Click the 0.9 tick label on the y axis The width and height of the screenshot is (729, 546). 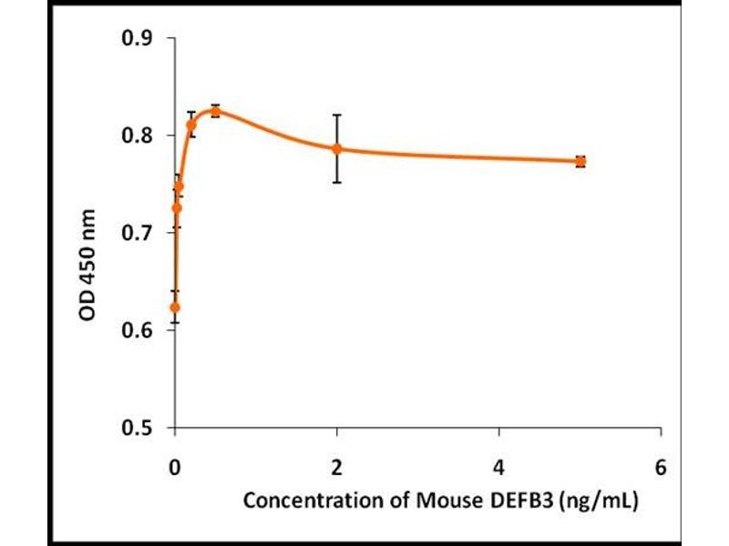pos(138,38)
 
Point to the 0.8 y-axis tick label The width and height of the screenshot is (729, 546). pos(138,136)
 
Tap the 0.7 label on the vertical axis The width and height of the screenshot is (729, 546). pos(138,233)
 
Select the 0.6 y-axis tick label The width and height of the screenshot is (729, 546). pos(138,330)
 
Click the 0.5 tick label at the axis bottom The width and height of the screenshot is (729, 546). pos(138,428)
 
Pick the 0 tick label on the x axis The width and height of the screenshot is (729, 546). pos(175,468)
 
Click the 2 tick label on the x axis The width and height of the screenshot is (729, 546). pos(337,468)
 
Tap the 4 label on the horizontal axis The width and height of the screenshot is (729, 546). pos(499,468)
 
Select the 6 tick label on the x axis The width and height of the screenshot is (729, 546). pos(661,468)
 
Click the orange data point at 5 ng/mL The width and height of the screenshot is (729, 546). pos(580,161)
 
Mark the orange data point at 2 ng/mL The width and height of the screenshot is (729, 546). pos(337,148)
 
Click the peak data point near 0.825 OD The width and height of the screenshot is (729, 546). pos(215,111)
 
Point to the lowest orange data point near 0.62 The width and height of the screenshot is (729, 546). pos(175,308)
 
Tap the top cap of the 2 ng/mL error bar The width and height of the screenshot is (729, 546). pos(337,115)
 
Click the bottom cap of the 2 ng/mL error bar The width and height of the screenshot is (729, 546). pos(337,182)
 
